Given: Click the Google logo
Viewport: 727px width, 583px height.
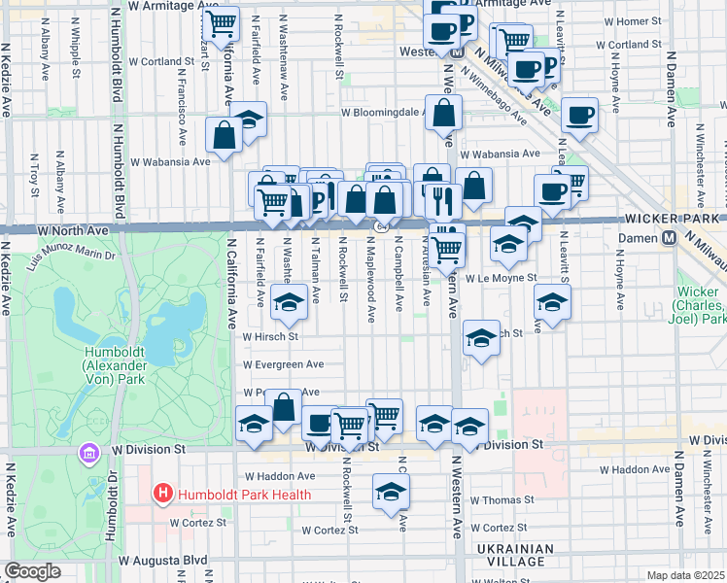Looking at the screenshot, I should click(x=32, y=572).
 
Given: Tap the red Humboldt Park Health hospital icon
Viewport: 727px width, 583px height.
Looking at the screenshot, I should click(x=163, y=495).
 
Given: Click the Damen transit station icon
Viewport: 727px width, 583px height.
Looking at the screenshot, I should click(x=669, y=237).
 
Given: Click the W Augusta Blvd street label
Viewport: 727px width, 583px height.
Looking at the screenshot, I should click(x=163, y=561).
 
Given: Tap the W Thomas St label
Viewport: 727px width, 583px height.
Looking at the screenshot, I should click(x=501, y=499).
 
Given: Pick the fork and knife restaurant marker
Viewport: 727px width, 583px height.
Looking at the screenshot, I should click(x=443, y=198).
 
